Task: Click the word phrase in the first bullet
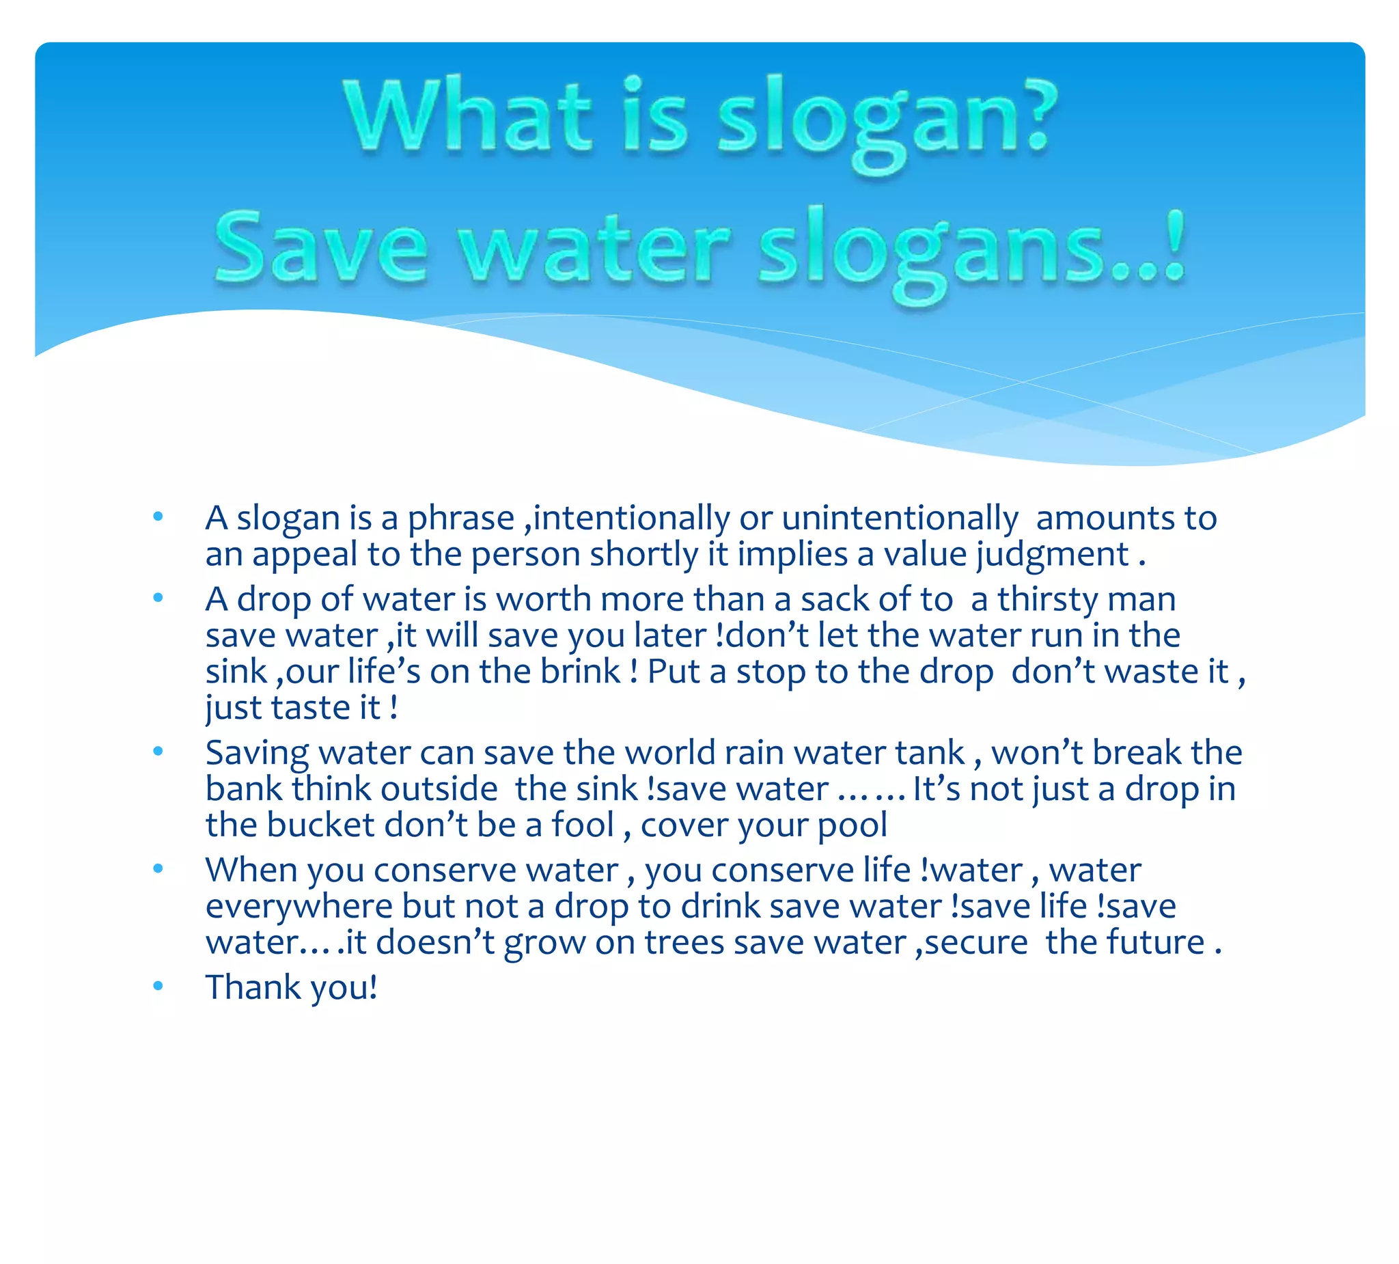(x=460, y=519)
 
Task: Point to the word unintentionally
(x=900, y=519)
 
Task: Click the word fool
(x=582, y=825)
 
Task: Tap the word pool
(x=851, y=825)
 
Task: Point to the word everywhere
(x=299, y=906)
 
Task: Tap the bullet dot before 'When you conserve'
(x=158, y=868)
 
